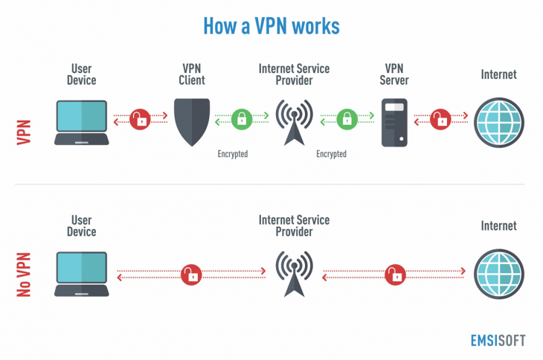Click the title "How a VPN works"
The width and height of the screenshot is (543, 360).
click(x=271, y=25)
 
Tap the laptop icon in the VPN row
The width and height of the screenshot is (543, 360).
click(x=82, y=121)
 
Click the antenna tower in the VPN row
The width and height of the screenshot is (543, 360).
click(x=294, y=121)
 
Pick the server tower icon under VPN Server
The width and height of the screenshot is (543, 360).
click(x=393, y=121)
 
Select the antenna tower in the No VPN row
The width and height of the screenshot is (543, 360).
click(x=294, y=274)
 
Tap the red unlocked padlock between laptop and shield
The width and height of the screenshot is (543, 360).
click(x=139, y=119)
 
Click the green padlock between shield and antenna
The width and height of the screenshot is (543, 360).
click(x=241, y=119)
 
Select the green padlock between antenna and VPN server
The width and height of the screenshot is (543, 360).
click(x=345, y=119)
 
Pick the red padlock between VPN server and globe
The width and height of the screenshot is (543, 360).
click(x=441, y=119)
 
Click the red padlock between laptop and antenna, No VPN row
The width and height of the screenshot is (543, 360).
click(x=192, y=274)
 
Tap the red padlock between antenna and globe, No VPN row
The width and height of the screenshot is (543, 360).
click(x=394, y=274)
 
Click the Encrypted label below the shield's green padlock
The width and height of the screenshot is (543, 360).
click(x=232, y=154)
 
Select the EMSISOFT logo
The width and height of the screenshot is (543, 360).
click(x=497, y=340)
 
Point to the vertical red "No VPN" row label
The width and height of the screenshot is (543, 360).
click(x=24, y=273)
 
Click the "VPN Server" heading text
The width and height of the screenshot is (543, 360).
click(x=394, y=74)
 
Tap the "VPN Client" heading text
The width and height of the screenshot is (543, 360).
click(x=191, y=74)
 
